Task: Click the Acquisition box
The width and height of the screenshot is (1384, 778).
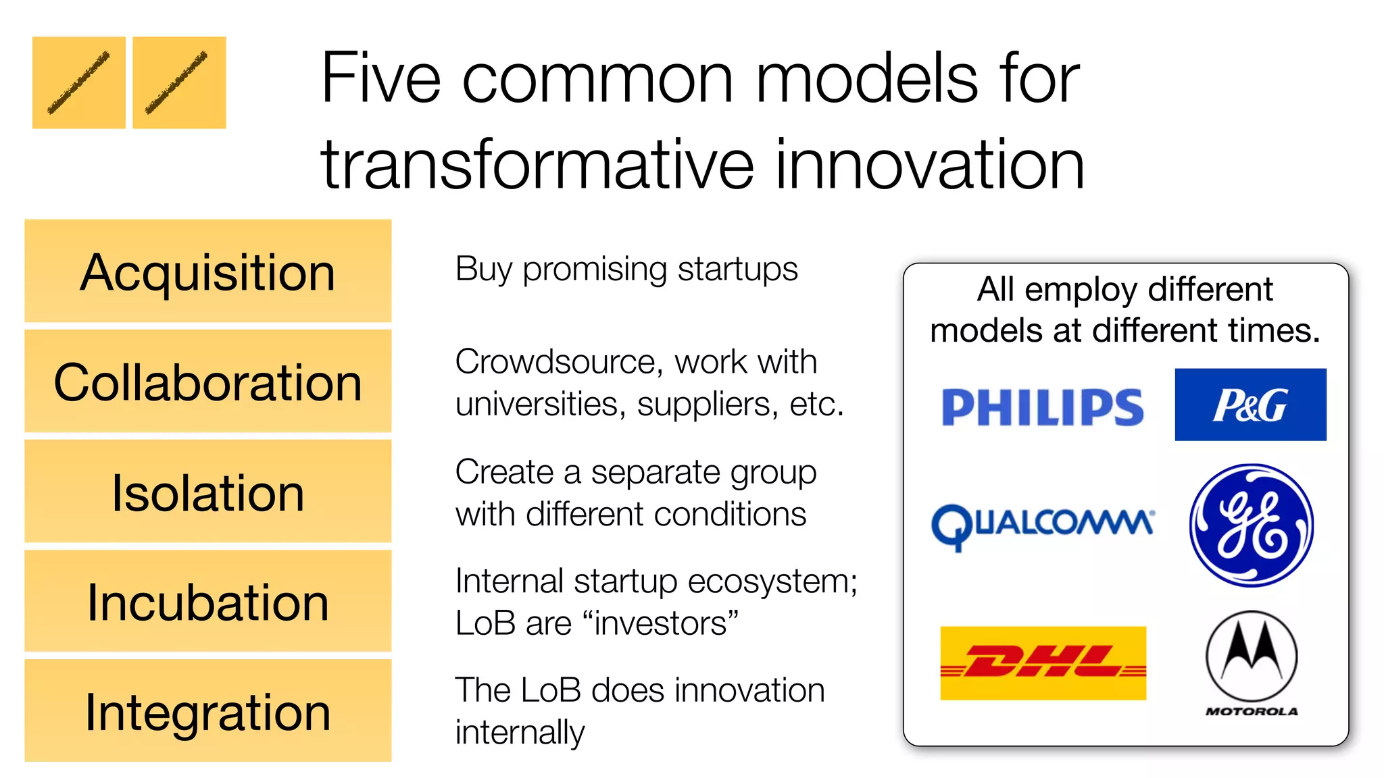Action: (x=208, y=271)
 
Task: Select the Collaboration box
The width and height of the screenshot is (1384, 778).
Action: (x=208, y=381)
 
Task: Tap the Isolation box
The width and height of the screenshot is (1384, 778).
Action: (x=208, y=491)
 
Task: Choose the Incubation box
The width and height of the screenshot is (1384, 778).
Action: (x=208, y=601)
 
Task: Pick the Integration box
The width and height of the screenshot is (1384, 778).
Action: (x=208, y=711)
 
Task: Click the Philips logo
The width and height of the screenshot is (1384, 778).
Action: (x=1042, y=407)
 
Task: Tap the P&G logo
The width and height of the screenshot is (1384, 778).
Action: (x=1250, y=405)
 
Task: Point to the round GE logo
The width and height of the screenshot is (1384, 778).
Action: (x=1251, y=525)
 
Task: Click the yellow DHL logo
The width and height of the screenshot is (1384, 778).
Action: (x=1043, y=663)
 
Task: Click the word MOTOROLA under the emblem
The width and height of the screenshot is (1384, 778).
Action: (x=1252, y=711)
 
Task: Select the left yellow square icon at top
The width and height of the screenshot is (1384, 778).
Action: (x=79, y=82)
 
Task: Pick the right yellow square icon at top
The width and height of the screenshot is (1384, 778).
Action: (x=179, y=82)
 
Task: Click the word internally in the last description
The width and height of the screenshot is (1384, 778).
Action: (x=520, y=733)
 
